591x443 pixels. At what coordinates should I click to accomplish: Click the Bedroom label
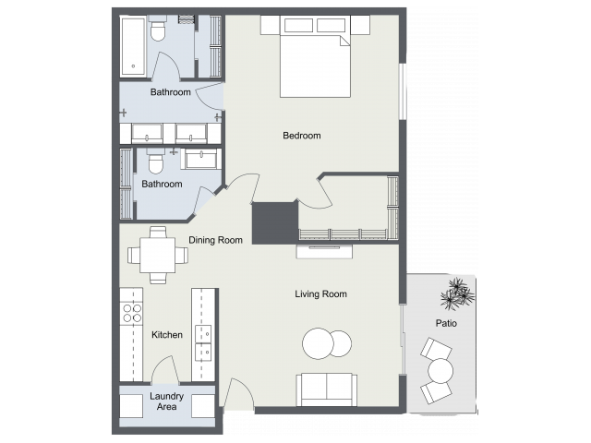[301, 136]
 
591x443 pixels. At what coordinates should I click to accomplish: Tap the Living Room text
[320, 294]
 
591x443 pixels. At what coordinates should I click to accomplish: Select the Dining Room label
[216, 240]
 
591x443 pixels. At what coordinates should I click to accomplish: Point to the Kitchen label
[166, 334]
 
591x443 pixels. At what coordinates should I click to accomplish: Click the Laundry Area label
[167, 401]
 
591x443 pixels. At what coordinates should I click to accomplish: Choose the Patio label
[446, 324]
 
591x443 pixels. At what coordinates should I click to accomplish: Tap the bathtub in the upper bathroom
[133, 45]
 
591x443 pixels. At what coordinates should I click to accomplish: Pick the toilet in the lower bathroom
[155, 163]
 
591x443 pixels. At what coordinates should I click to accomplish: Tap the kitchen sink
[204, 342]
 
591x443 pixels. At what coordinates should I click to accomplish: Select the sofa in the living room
[325, 389]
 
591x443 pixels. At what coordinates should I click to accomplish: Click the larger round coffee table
[319, 344]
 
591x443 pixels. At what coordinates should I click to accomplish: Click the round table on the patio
[440, 371]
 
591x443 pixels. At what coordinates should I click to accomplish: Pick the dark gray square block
[274, 223]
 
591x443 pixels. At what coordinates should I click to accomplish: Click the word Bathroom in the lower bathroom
[162, 184]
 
